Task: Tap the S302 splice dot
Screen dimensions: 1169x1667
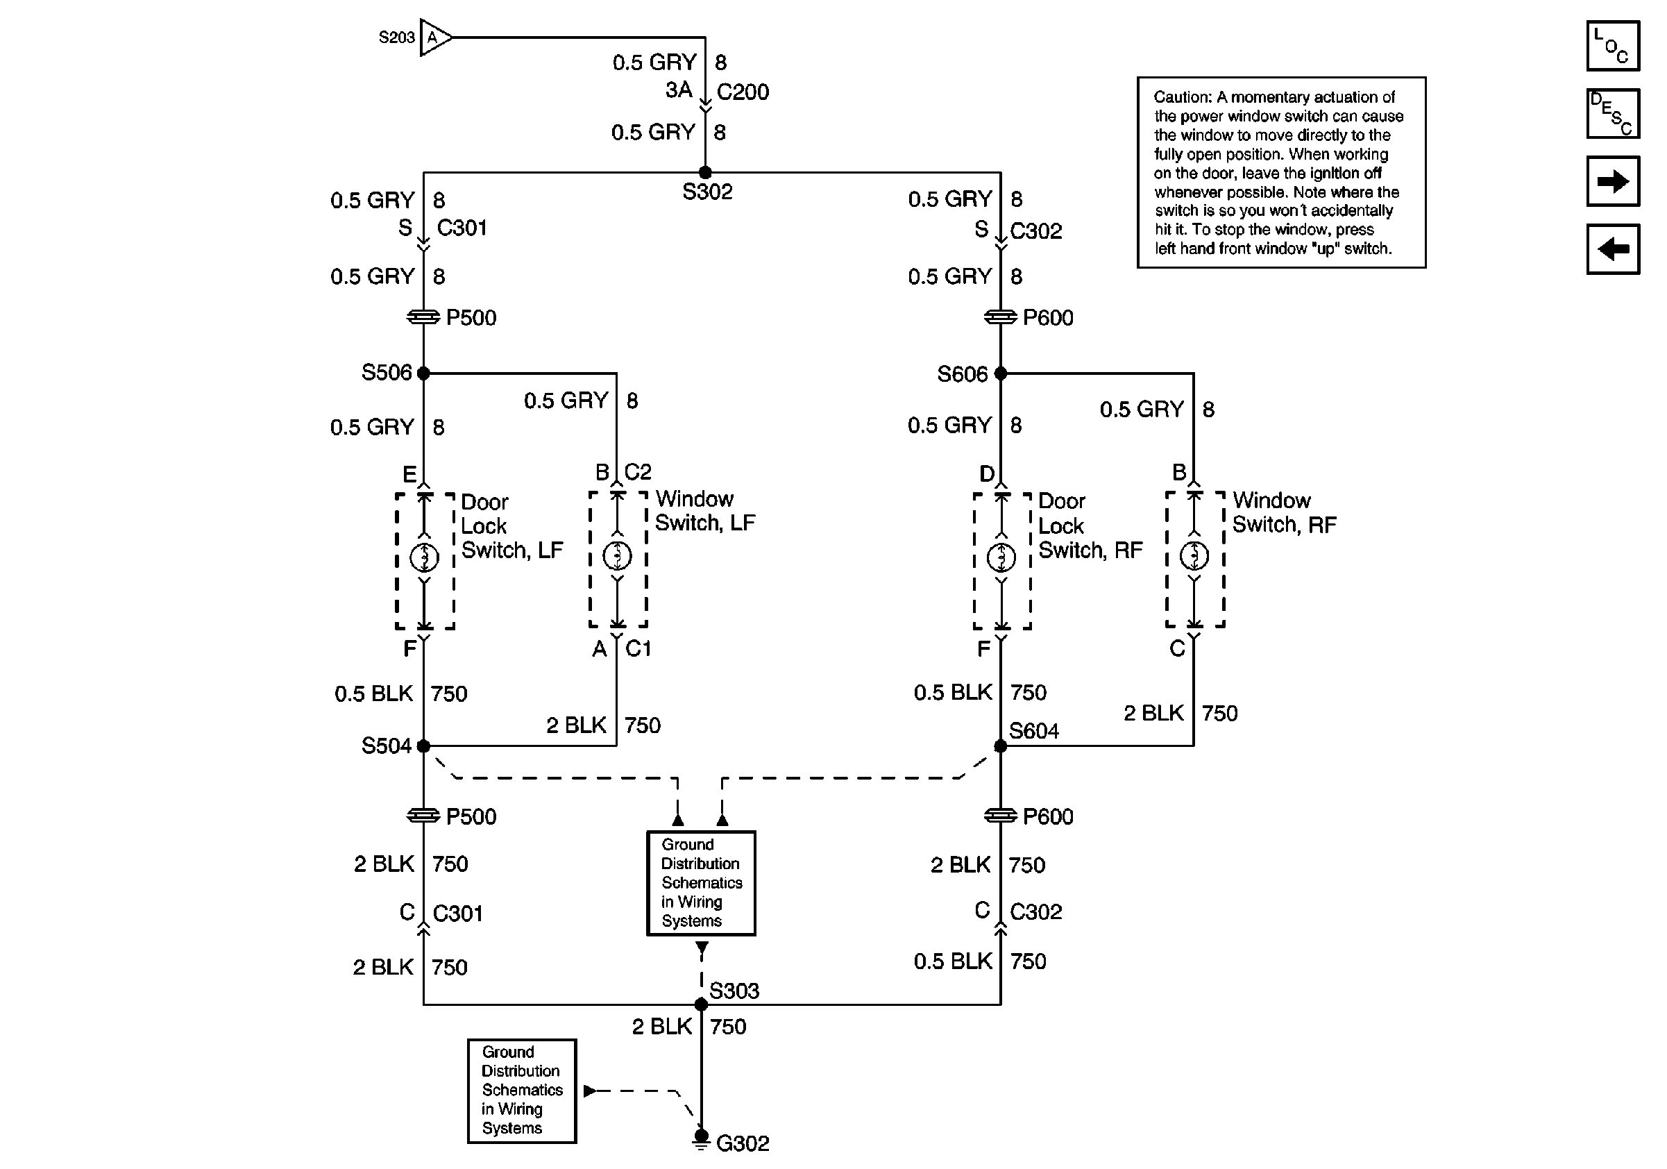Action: (704, 173)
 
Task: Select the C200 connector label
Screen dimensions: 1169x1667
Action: (742, 92)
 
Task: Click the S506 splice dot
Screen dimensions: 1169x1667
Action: (423, 373)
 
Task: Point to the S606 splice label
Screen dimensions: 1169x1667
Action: (961, 374)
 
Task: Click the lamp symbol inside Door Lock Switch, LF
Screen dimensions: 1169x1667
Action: (424, 557)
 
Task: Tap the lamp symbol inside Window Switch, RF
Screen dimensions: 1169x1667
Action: (1194, 556)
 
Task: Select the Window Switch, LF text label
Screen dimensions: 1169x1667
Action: (704, 510)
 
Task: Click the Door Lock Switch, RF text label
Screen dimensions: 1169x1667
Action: (1089, 525)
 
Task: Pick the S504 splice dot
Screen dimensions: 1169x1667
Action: (423, 746)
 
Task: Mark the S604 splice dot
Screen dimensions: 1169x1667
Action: (1000, 746)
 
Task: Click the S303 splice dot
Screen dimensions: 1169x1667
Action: (701, 1005)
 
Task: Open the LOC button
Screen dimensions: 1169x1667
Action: (1613, 46)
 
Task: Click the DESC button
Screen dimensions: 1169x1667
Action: (1613, 113)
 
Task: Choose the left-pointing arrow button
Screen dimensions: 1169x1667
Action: (1613, 249)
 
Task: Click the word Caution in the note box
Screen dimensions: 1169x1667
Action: (1182, 97)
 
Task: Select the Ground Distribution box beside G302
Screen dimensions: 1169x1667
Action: (521, 1091)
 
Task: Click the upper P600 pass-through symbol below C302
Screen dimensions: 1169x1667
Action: (1000, 317)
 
